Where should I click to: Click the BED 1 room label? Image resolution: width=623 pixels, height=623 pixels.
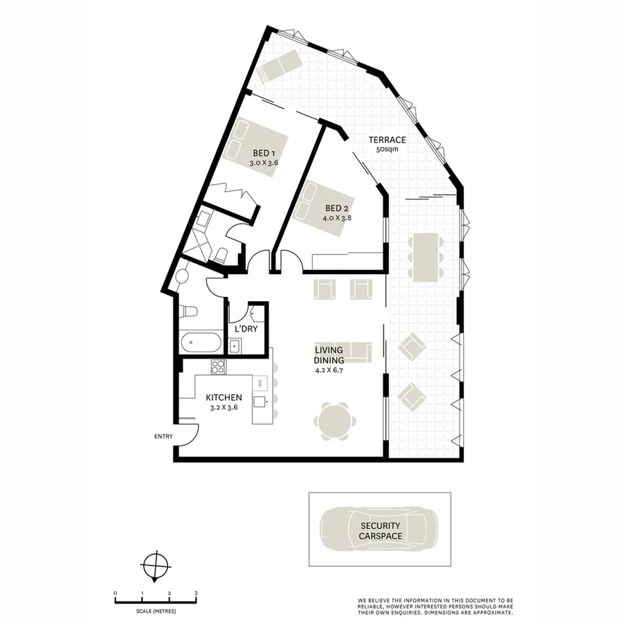click(x=264, y=153)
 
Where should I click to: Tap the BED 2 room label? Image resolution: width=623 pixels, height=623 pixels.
click(x=337, y=208)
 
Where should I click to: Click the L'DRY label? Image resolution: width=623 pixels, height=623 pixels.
click(x=246, y=329)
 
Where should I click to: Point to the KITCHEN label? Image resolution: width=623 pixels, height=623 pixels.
click(x=224, y=397)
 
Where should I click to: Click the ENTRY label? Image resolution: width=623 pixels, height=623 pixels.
click(x=163, y=436)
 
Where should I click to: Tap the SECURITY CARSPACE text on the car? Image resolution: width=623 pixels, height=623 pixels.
click(x=380, y=531)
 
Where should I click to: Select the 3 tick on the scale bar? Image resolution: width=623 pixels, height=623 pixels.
click(x=196, y=593)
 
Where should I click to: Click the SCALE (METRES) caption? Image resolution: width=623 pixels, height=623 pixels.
click(x=156, y=611)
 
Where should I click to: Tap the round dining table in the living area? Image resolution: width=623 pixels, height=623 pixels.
click(x=336, y=421)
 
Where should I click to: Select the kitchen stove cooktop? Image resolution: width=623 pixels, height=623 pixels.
click(x=218, y=368)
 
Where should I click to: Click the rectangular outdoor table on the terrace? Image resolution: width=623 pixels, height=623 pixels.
click(x=425, y=255)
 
